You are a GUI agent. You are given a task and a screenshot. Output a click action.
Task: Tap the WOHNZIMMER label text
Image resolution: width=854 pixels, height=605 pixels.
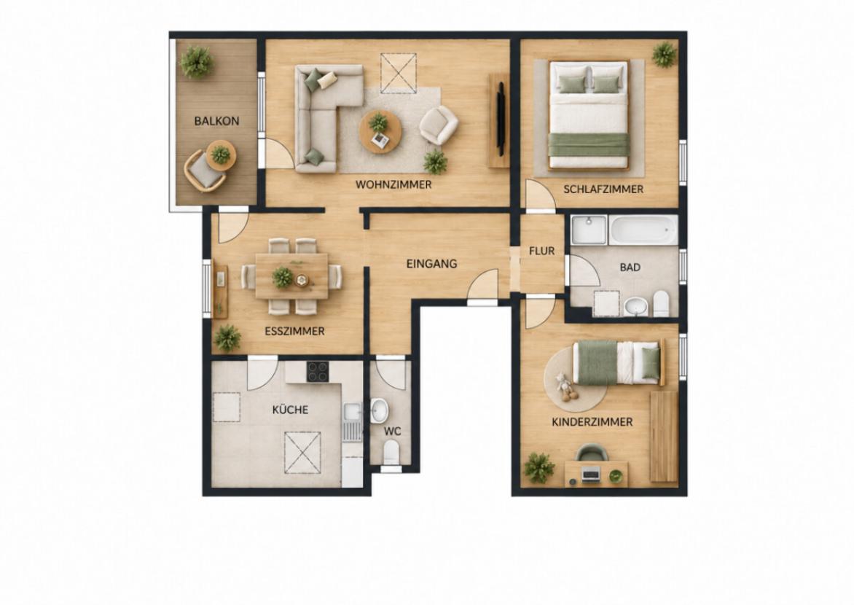[x=393, y=184]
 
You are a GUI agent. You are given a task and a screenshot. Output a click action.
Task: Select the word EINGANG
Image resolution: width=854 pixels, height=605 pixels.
[x=431, y=264]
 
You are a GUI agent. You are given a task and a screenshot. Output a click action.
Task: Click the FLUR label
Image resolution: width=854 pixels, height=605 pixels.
[x=541, y=251]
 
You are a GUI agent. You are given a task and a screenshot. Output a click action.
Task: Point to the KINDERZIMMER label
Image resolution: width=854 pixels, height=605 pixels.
[x=592, y=422]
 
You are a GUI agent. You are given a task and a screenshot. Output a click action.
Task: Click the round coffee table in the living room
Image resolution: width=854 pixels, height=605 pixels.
[x=380, y=131]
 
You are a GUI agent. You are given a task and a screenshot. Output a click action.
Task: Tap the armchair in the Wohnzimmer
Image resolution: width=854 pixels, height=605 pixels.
[x=439, y=125]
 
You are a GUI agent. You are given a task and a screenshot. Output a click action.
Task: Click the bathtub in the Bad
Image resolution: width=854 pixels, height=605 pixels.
[x=643, y=230]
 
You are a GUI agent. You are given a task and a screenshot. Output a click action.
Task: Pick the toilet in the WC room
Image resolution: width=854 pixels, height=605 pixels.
[x=391, y=452]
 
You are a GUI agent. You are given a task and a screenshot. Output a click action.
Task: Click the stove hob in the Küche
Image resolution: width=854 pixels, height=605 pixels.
[x=318, y=372]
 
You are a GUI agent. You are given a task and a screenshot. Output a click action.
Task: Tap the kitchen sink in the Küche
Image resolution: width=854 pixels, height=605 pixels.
[x=353, y=422]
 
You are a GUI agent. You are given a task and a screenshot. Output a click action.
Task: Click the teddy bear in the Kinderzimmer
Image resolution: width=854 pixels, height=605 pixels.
[x=565, y=387]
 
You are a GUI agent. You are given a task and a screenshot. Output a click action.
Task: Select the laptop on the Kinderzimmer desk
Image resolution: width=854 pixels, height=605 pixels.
[x=590, y=474]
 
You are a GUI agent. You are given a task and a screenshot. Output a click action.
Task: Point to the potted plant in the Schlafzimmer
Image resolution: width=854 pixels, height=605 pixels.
[x=664, y=55]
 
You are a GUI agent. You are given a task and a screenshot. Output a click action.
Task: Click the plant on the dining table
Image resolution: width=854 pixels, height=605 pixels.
[x=283, y=277]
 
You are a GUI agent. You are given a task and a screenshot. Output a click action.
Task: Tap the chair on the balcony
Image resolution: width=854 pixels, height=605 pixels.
[x=204, y=171]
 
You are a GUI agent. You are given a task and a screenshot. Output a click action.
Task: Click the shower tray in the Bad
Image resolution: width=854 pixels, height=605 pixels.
[x=589, y=230]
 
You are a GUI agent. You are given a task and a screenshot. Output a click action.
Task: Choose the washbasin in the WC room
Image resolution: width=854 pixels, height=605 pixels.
[x=379, y=410]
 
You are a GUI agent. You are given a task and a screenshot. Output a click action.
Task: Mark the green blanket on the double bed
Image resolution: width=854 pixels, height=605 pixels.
[x=589, y=145]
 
